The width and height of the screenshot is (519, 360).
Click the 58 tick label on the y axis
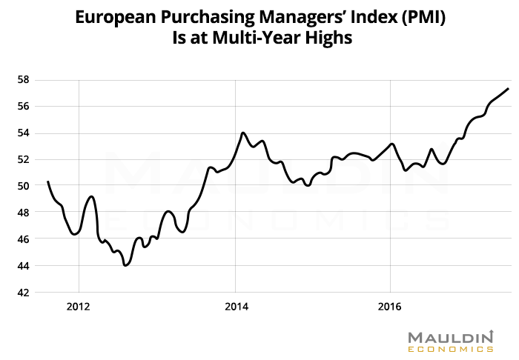click(22, 79)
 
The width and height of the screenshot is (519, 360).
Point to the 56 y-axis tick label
click(22, 106)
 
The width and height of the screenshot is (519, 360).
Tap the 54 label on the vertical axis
click(22, 133)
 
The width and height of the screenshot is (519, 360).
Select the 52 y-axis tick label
click(22, 159)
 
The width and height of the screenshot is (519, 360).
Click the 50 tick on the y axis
click(22, 186)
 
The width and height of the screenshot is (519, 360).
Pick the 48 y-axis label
click(22, 213)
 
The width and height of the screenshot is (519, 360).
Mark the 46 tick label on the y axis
click(22, 239)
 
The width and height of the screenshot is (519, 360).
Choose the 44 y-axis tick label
click(22, 266)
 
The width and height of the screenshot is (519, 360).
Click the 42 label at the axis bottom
click(22, 293)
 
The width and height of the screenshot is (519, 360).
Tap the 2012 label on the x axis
click(79, 305)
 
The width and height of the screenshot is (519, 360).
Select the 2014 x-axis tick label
click(235, 305)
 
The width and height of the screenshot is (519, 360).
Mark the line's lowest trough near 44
click(125, 265)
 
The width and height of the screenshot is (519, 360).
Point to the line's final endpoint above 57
click(509, 89)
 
